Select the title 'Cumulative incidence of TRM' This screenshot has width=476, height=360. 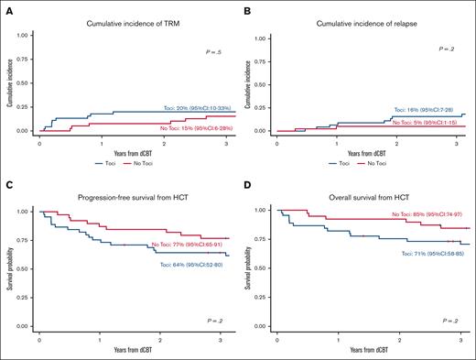[x=130, y=22]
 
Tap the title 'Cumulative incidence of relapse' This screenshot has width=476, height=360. [x=367, y=22]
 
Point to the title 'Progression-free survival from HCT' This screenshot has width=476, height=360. [x=129, y=201]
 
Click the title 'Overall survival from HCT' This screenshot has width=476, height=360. [x=367, y=201]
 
